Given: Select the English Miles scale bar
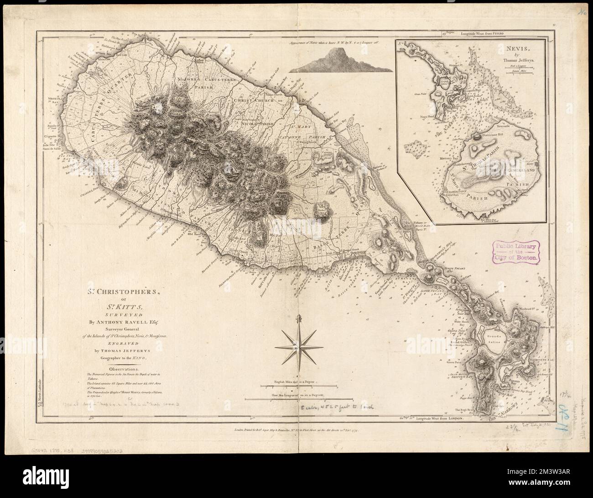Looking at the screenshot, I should pos(296,387).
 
